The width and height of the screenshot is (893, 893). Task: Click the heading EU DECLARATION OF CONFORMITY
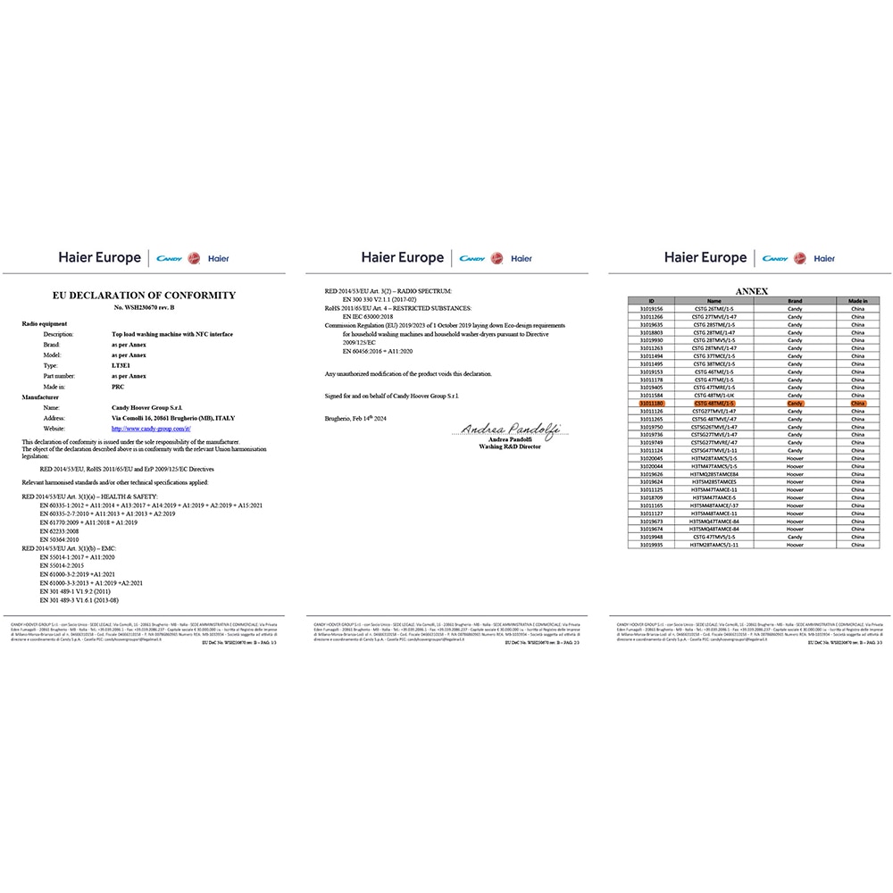(144, 295)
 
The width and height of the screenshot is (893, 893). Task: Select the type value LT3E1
(111, 366)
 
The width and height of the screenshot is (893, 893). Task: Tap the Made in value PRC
(106, 388)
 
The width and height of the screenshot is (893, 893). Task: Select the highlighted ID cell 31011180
(652, 404)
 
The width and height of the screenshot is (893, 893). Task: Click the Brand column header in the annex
(795, 301)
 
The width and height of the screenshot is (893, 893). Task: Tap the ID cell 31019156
(652, 309)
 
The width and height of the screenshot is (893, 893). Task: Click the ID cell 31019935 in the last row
(652, 544)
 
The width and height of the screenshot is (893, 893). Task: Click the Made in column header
(858, 301)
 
